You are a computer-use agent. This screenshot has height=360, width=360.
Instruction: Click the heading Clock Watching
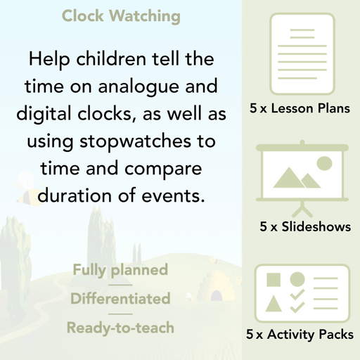[121, 15]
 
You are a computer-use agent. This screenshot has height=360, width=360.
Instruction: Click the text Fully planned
[120, 269]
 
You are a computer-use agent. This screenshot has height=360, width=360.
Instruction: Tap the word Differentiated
[120, 298]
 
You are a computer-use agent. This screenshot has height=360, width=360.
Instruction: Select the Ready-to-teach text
[120, 327]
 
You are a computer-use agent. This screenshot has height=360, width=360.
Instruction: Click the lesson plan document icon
[300, 49]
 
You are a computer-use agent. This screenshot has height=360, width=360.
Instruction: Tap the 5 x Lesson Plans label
[300, 109]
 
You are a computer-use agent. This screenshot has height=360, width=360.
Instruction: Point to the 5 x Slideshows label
[305, 227]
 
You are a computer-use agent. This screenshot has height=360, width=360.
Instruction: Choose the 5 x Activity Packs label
[300, 335]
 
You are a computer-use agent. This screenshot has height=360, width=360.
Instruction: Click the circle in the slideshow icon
[324, 163]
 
